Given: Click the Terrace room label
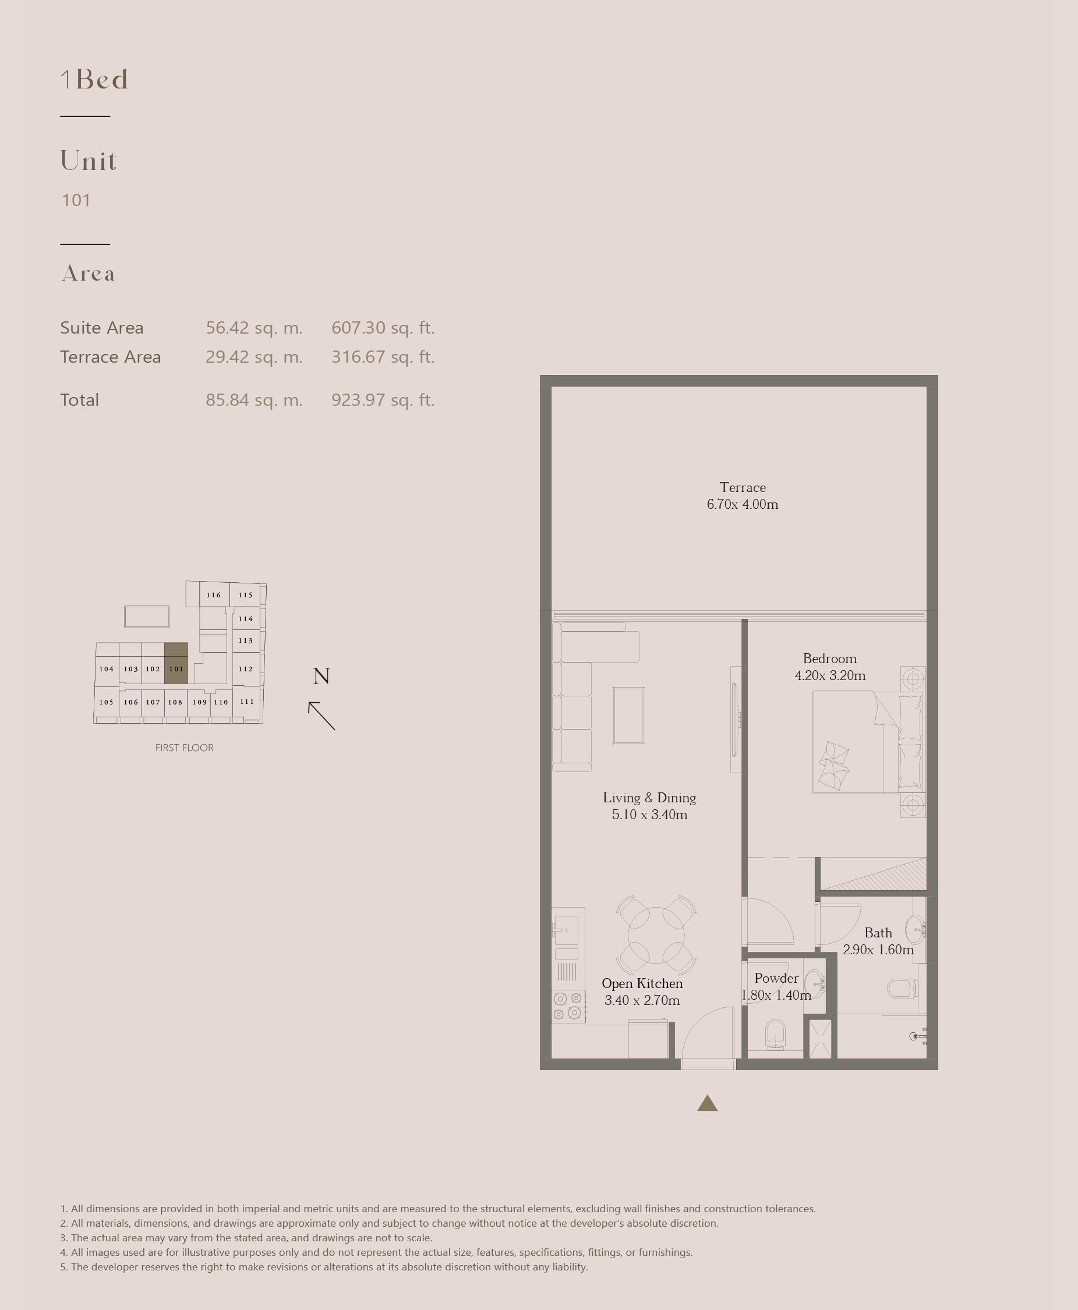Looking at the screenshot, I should coord(742,487).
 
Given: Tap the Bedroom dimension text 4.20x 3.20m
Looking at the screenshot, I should coord(830,675).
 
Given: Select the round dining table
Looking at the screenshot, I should coord(656,934).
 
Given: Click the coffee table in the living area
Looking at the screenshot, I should coord(628,715).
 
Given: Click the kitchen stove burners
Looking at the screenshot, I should coord(568,1005).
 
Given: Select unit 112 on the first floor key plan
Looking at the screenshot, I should coord(246,668).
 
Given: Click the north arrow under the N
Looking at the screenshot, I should coord(321,716).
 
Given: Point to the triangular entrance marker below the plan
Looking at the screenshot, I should coord(707,1104).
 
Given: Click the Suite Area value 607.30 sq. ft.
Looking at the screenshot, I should coord(383,328).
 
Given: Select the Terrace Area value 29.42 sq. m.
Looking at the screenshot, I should coord(254,357).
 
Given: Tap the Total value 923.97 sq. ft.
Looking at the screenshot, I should coord(383,400).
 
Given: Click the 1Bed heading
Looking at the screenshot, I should coord(94,79).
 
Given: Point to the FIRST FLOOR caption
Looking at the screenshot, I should coord(185,748).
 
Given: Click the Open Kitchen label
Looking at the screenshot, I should coord(642,983).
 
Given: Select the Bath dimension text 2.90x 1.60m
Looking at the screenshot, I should coord(878,950).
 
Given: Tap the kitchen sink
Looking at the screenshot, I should coord(566,930).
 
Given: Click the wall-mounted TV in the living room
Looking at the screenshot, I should coord(734,719).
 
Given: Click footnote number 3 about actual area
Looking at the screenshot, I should coord(246,1237).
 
